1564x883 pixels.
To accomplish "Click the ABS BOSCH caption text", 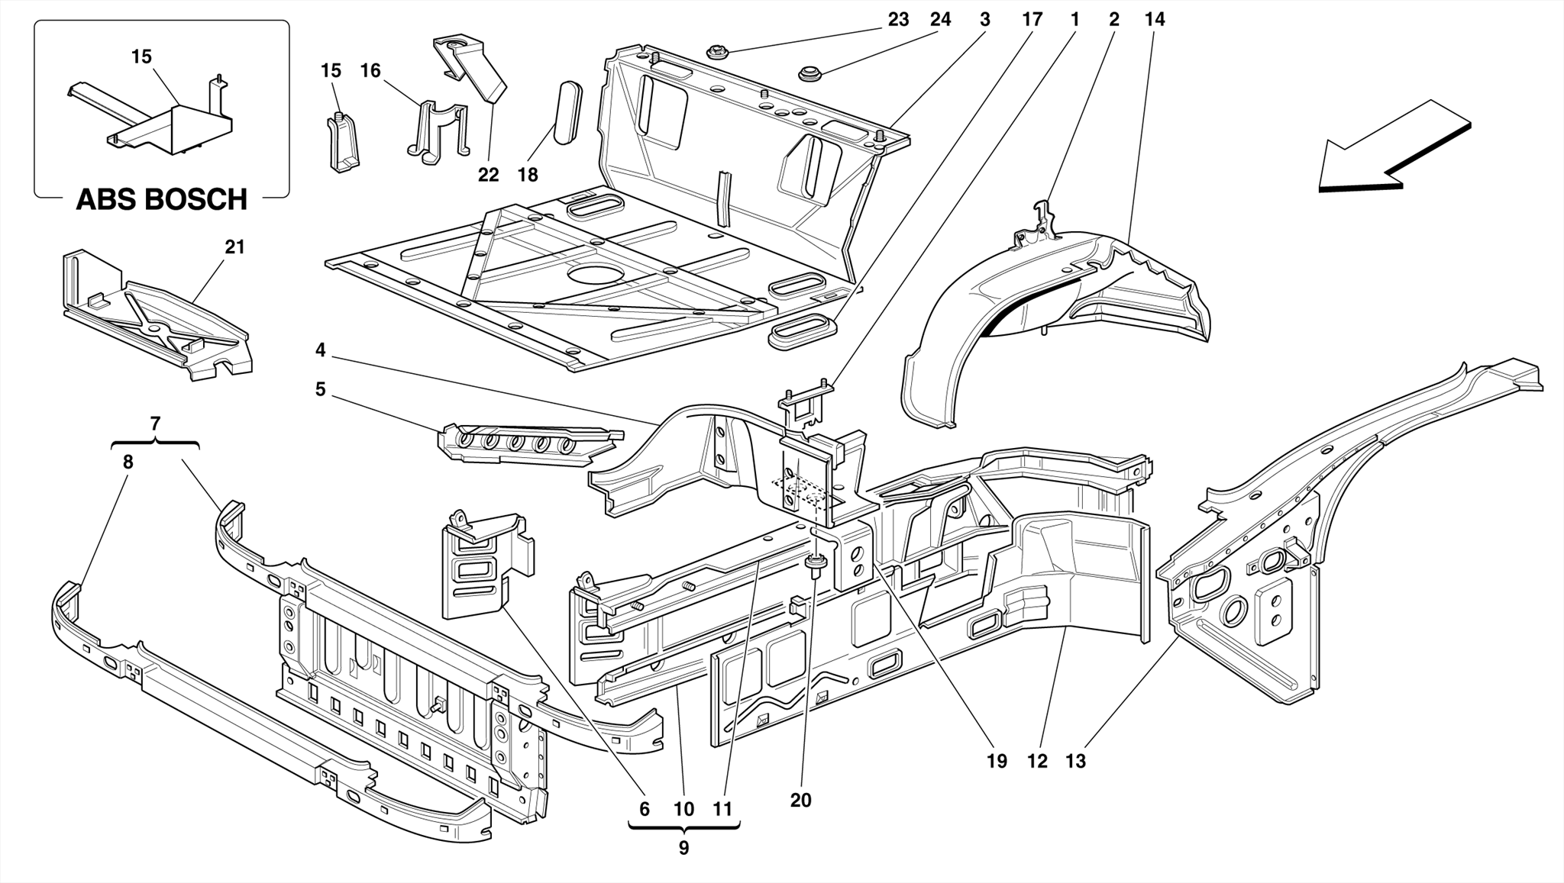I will point(161,200).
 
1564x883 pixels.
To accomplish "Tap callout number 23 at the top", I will point(898,20).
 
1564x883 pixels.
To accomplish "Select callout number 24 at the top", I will point(940,20).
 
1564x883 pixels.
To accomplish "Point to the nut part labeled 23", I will point(717,53).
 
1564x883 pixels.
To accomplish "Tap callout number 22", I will point(488,175).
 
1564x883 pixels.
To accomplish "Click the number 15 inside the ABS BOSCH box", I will point(141,56).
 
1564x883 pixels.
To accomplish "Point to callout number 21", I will point(234,247).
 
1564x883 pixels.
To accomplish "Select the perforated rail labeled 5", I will point(527,445).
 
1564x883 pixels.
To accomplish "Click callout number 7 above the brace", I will point(156,422).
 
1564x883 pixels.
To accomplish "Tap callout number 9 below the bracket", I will point(683,848).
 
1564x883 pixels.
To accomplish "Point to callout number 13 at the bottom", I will point(1075,761).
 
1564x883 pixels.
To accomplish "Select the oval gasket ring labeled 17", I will point(801,330).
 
